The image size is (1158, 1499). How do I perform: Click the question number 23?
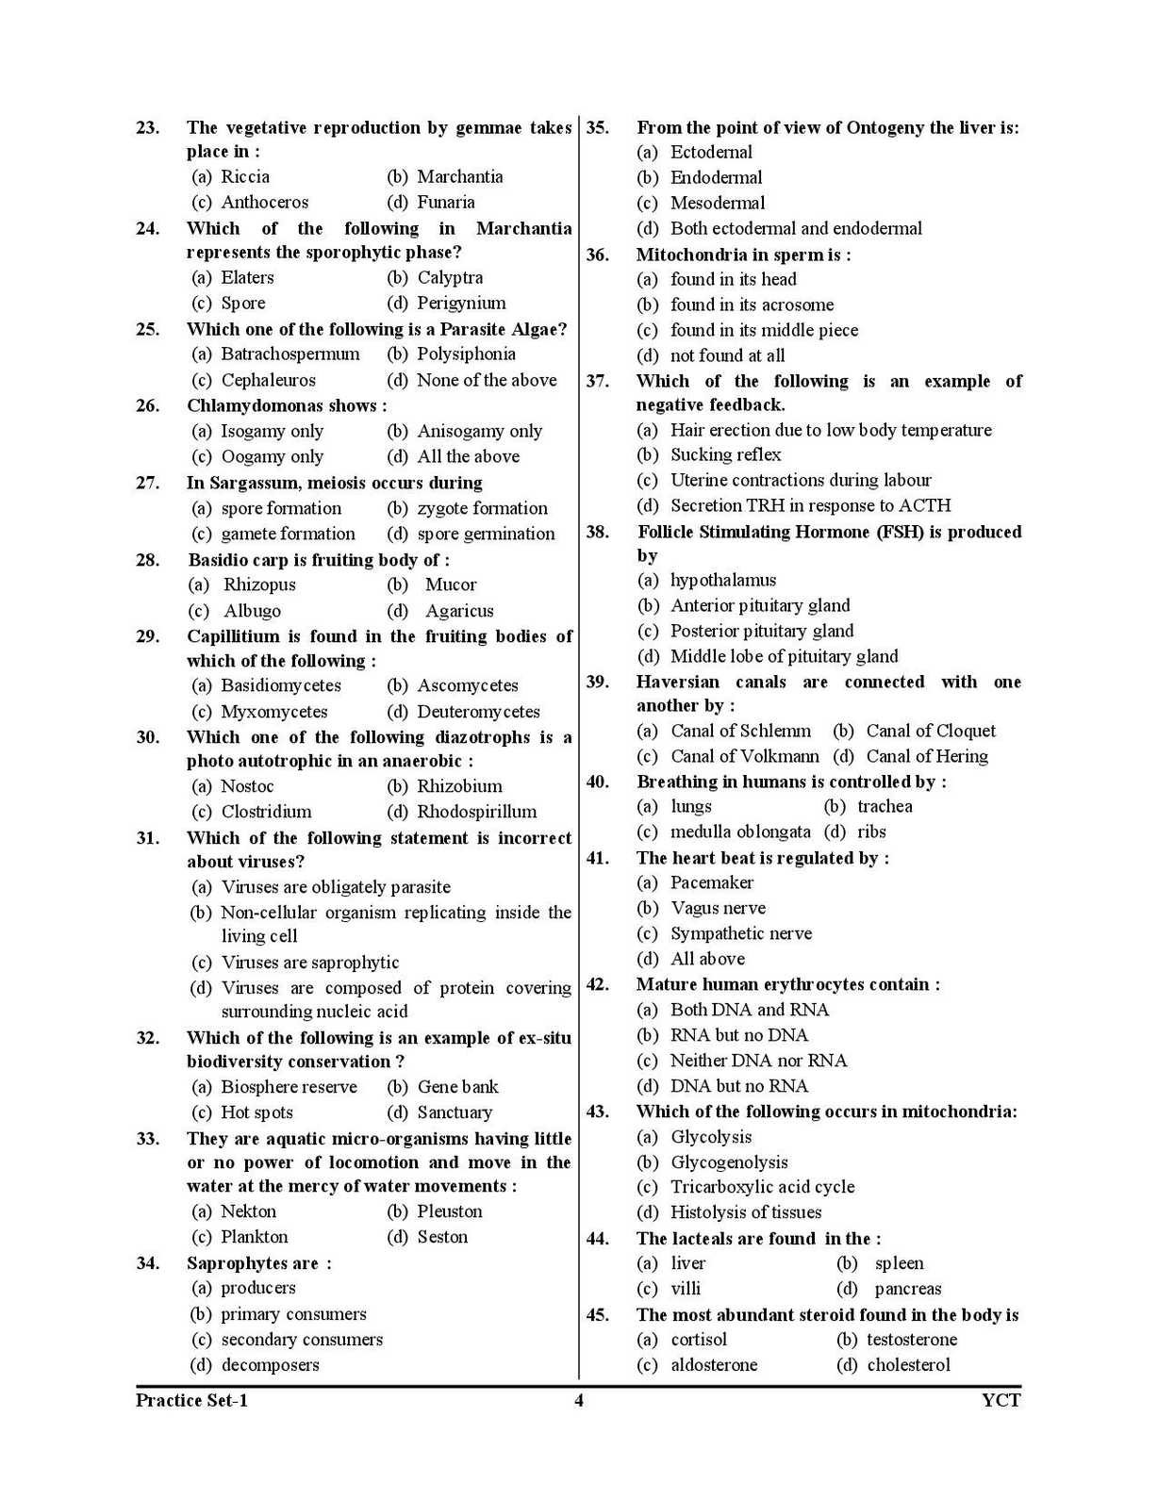pyautogui.click(x=147, y=128)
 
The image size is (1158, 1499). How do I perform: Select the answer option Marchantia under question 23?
pyautogui.click(x=459, y=177)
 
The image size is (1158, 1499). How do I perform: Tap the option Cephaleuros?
pyautogui.click(x=268, y=381)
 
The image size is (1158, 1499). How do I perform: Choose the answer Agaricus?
pyautogui.click(x=458, y=611)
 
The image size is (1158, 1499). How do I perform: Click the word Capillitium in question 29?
pyautogui.click(x=233, y=636)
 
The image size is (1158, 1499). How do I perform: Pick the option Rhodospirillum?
pyautogui.click(x=476, y=812)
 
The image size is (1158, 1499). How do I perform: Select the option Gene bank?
pyautogui.click(x=457, y=1087)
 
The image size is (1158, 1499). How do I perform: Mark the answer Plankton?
pyautogui.click(x=254, y=1237)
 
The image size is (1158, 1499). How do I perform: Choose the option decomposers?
pyautogui.click(x=270, y=1365)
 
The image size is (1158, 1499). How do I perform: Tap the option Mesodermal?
pyautogui.click(x=718, y=204)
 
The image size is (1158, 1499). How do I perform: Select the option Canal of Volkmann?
pyautogui.click(x=744, y=757)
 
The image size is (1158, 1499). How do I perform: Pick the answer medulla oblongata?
pyautogui.click(x=739, y=832)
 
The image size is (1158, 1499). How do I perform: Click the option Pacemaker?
pyautogui.click(x=711, y=883)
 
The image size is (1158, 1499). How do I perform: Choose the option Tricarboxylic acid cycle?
pyautogui.click(x=762, y=1187)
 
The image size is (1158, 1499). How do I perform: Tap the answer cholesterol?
pyautogui.click(x=908, y=1365)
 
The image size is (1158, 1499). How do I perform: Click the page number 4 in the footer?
pyautogui.click(x=579, y=1401)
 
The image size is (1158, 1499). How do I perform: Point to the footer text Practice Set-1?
pyautogui.click(x=191, y=1401)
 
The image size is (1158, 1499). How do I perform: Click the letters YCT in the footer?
pyautogui.click(x=1001, y=1401)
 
